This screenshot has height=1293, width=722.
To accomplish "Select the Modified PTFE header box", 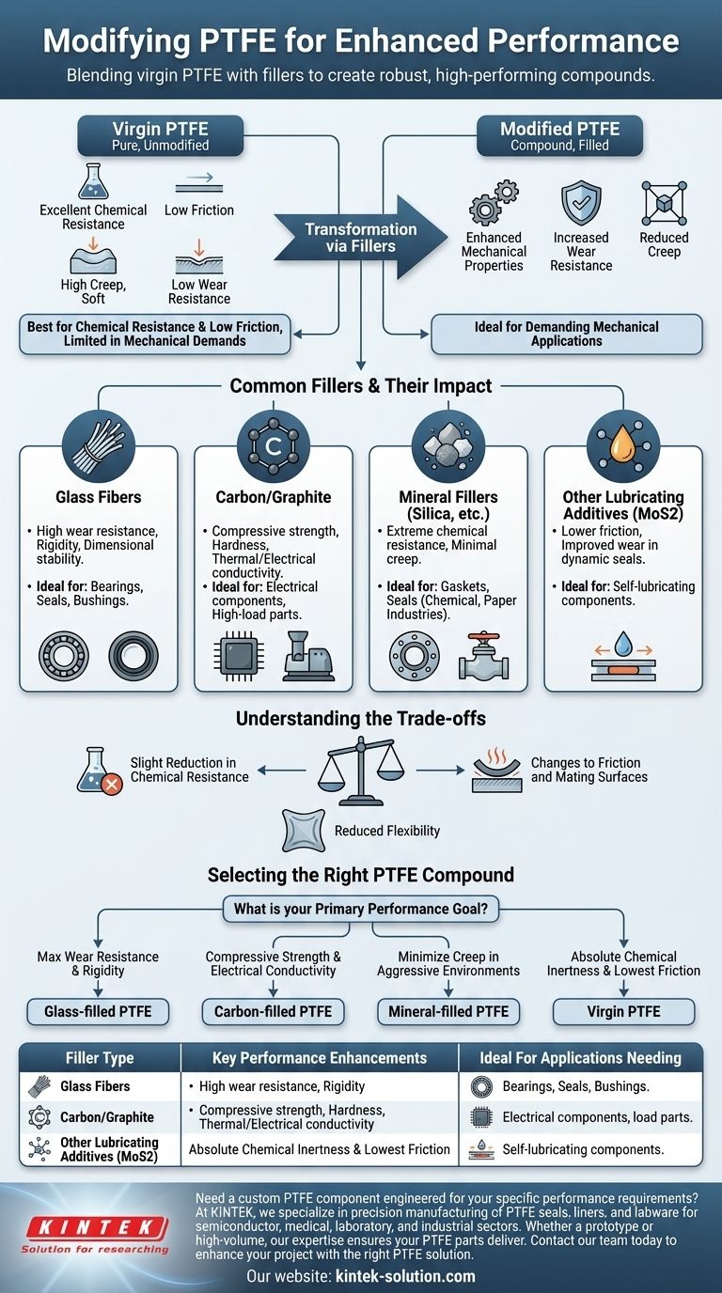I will point(560,136).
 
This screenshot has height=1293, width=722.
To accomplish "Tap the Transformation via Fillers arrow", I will point(349,238).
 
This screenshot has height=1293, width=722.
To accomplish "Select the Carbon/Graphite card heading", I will point(274,497).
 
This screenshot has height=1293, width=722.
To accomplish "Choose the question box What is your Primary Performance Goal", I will point(360,909).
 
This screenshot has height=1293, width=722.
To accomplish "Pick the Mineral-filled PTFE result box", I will point(447,1011).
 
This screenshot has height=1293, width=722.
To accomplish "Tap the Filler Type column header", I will point(99,1058).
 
